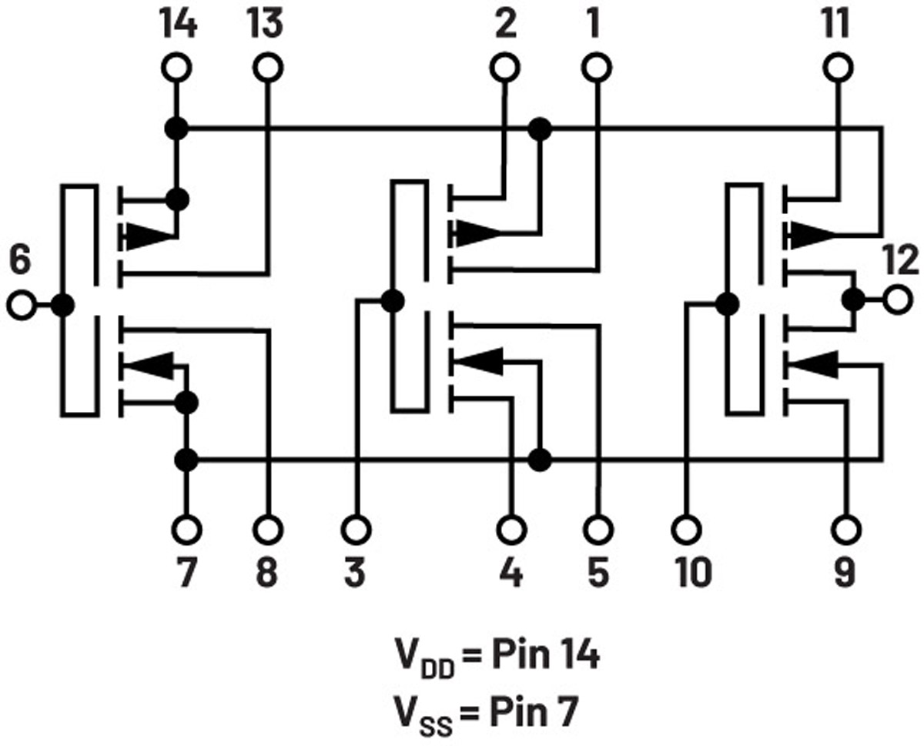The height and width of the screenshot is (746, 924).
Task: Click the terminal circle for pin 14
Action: pos(176,68)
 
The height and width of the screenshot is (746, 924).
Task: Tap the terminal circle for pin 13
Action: pos(268,68)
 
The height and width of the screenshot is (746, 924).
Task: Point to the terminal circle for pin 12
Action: pos(898,299)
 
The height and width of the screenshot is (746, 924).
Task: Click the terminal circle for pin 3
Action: pos(357,530)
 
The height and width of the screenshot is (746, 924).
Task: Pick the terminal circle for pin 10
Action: pos(686,530)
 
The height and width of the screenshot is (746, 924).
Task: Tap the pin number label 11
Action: pos(836,23)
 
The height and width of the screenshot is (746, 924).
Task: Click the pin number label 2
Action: pos(505,23)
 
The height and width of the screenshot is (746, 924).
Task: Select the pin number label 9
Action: pos(845,572)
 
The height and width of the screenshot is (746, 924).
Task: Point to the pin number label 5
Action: pos(598,572)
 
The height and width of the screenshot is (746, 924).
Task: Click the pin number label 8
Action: pos(266,572)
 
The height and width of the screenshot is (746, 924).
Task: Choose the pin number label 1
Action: pos(594,23)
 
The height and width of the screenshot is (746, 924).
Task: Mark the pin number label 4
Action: pos(511,572)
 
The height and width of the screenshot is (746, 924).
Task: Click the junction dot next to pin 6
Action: pos(63,306)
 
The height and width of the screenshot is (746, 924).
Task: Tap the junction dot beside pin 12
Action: pos(853,299)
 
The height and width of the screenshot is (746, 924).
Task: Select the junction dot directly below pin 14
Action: pos(176,129)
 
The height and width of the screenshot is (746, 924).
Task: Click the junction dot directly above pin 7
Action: pos(186,460)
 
